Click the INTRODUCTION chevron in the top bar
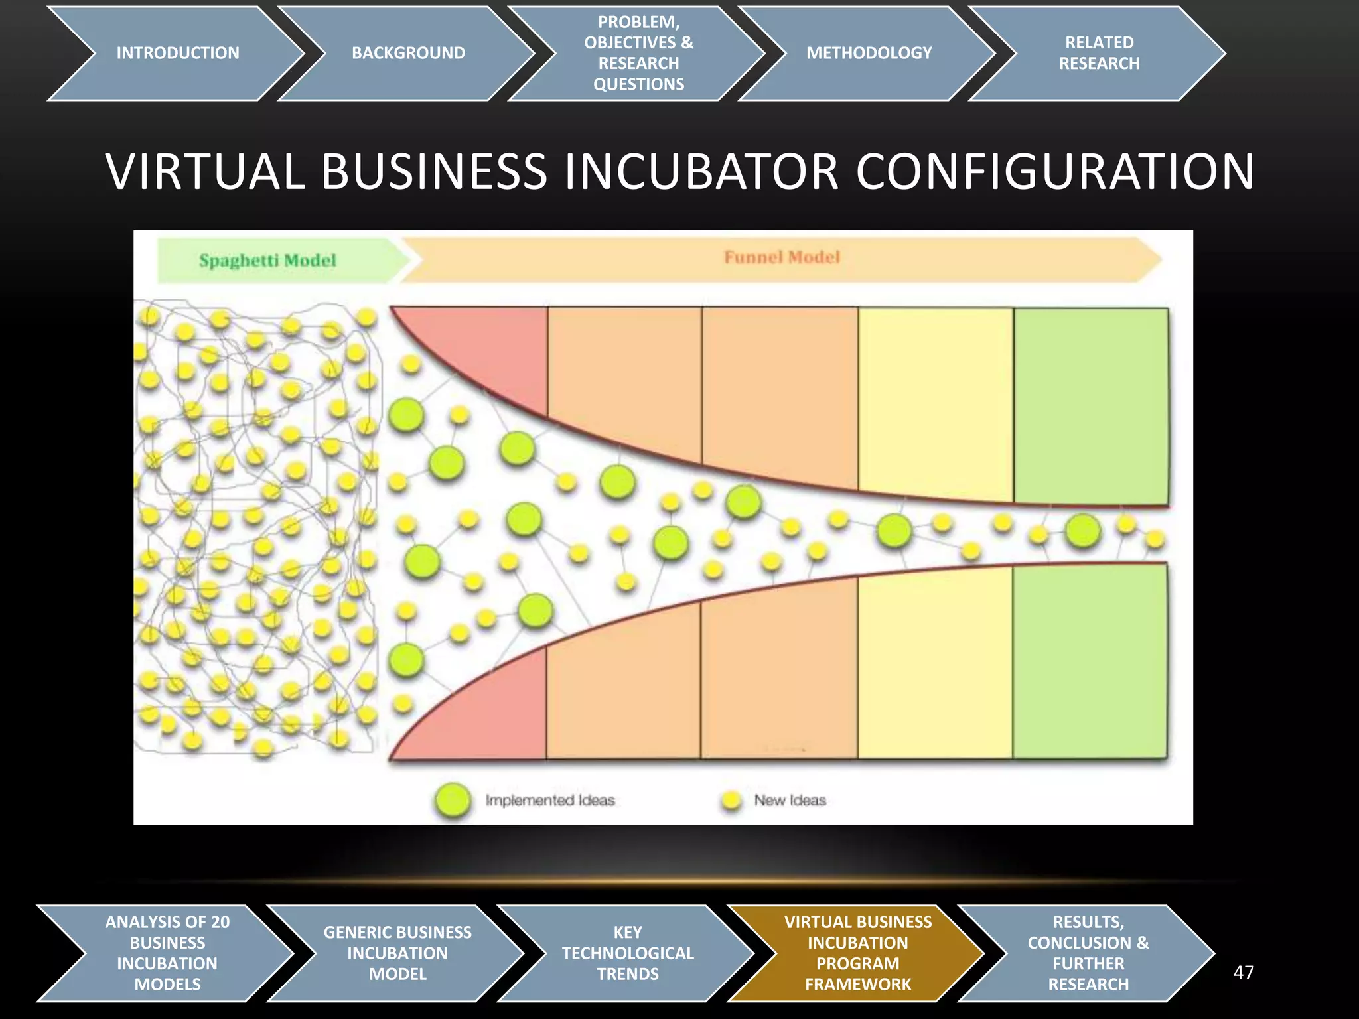point(177,53)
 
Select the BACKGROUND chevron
point(408,53)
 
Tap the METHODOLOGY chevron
point(869,53)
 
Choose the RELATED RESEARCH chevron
point(1099,53)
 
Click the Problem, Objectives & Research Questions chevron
point(638,53)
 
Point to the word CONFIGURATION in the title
point(1054,172)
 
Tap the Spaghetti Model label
point(267,260)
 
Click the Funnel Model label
point(782,257)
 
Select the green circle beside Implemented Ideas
point(453,800)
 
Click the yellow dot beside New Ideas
point(731,801)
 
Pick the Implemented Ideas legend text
point(550,801)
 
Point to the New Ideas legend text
point(790,801)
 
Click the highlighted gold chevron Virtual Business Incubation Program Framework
point(857,953)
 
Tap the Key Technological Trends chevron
point(627,953)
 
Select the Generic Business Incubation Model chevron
point(397,953)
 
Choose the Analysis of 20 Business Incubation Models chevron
point(167,953)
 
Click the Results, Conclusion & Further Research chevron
point(1088,953)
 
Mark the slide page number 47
point(1243,973)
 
